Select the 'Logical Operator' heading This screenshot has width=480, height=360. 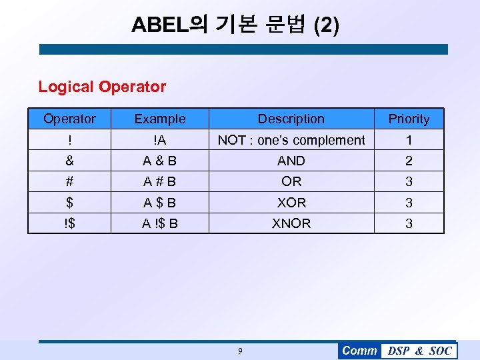pos(102,87)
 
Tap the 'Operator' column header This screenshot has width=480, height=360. pos(69,119)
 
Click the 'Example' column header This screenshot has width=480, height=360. pos(160,119)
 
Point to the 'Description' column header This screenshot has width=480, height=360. pos(291,119)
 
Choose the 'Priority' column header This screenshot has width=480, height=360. pos(409,119)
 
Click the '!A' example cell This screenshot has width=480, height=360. pos(160,140)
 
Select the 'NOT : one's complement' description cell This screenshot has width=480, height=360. pos(291,140)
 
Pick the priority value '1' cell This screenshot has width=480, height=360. pos(409,140)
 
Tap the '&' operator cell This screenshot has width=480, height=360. pos(69,161)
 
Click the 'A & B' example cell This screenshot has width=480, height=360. pos(160,161)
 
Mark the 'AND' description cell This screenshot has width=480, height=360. pos(291,161)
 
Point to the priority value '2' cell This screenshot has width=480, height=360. pos(409,161)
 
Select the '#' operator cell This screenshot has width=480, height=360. pos(69,181)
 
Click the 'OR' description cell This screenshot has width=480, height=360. pos(291,181)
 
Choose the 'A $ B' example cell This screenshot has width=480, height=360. pos(160,203)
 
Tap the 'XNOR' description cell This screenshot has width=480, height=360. pos(291,223)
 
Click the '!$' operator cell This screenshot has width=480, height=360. pos(69,223)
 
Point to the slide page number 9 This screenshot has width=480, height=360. pos(241,351)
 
